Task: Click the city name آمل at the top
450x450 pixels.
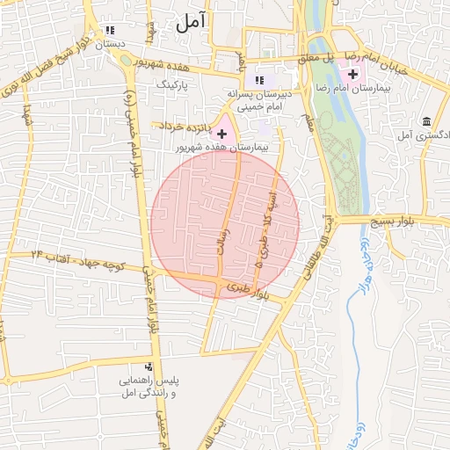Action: (189, 24)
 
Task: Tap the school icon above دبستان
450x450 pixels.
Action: (110, 30)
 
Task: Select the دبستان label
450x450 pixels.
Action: (111, 43)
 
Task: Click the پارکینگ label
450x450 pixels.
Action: (171, 84)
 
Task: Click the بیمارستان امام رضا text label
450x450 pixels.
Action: (375, 89)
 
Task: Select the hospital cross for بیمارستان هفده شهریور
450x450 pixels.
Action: (222, 134)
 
